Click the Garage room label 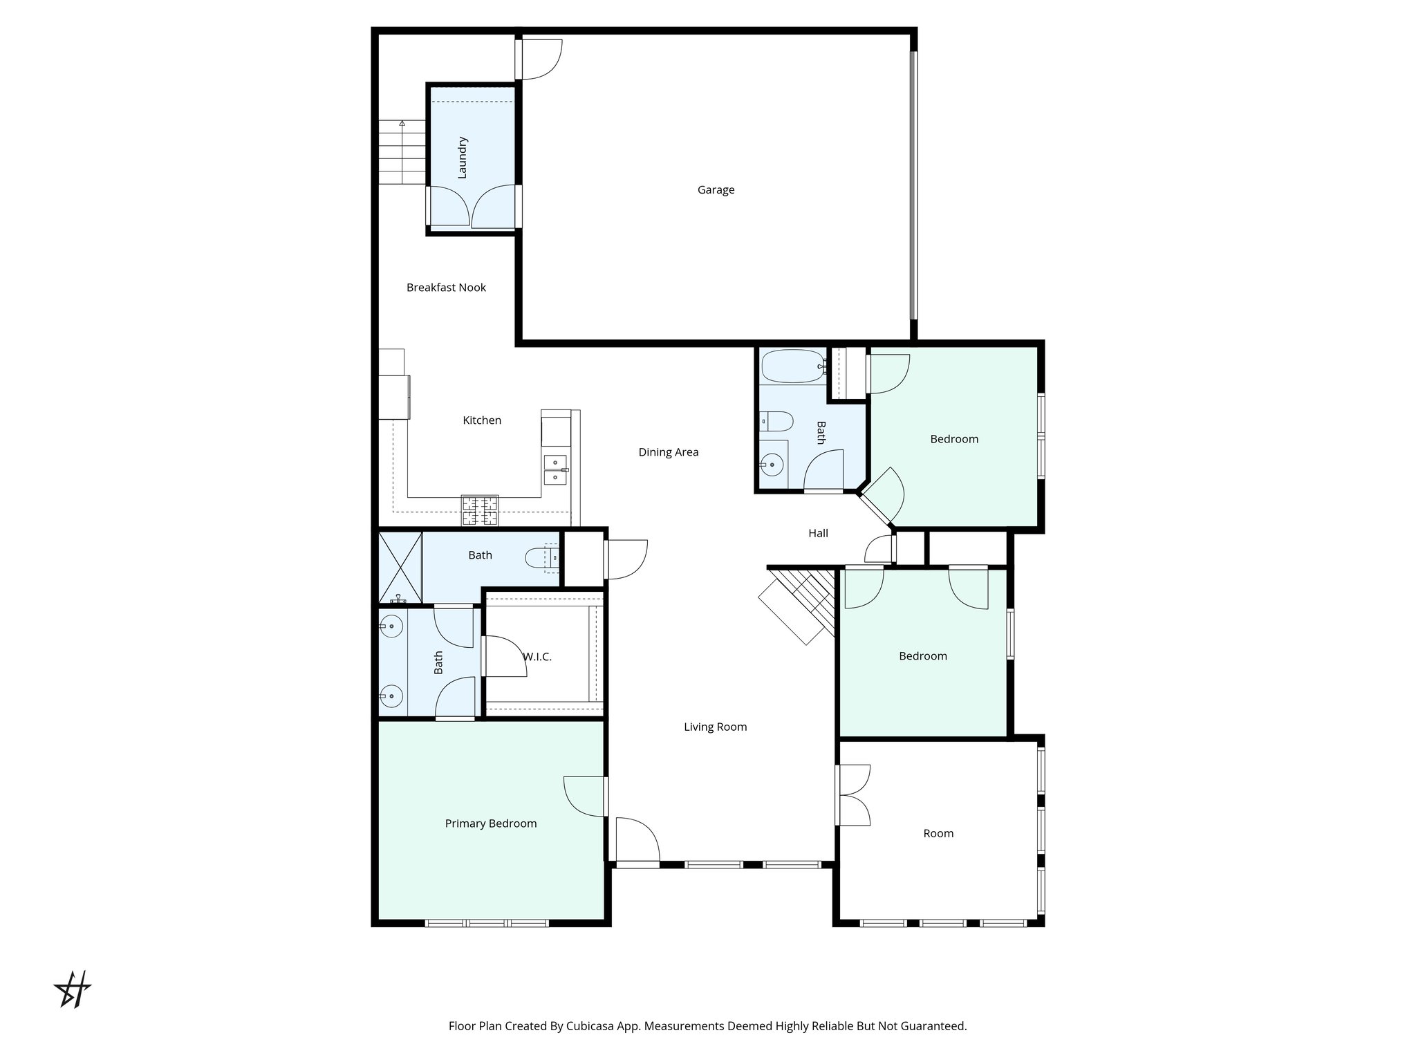[x=716, y=190]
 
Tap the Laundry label [x=463, y=158]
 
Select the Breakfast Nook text [x=446, y=288]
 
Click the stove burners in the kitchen [x=480, y=511]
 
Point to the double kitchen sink [x=555, y=469]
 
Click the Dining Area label [x=668, y=452]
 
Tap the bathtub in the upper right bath [x=792, y=366]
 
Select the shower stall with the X [x=400, y=567]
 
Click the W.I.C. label [x=537, y=657]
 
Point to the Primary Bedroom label [x=490, y=823]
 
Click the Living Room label [x=715, y=727]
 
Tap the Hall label [x=818, y=533]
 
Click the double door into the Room [x=852, y=795]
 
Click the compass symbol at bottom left [x=73, y=989]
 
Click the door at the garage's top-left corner [x=539, y=59]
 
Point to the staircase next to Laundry [x=402, y=152]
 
